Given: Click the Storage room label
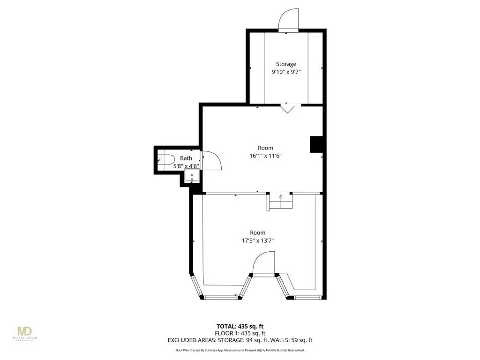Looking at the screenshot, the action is click(x=286, y=64).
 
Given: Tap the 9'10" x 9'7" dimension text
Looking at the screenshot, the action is click(x=286, y=72).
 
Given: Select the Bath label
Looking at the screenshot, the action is click(x=186, y=158).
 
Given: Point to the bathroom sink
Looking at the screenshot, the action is click(x=192, y=177).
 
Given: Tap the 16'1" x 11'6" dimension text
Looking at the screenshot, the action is click(x=265, y=156).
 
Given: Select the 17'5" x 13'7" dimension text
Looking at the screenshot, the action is click(x=257, y=240).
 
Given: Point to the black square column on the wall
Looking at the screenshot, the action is click(x=316, y=144).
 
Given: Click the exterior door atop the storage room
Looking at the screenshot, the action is click(x=288, y=20).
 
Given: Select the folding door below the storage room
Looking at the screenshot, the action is click(x=288, y=108).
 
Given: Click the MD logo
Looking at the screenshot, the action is click(x=25, y=333).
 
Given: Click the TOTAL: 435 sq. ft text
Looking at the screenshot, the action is click(x=240, y=326).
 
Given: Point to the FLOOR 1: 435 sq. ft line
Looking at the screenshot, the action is click(x=240, y=333).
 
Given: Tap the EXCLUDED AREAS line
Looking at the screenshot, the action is click(x=240, y=340).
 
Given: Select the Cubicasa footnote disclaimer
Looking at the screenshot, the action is click(x=240, y=350).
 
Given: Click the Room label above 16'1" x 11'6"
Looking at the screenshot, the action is click(x=265, y=148).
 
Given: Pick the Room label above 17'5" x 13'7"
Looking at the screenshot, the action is click(x=257, y=232).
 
